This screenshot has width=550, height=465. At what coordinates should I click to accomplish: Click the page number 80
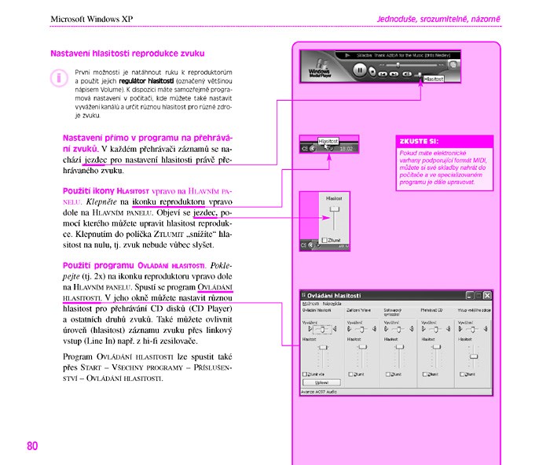32,445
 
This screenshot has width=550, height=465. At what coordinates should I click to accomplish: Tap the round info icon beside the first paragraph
57,78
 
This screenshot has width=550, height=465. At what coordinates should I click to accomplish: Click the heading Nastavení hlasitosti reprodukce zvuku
127,54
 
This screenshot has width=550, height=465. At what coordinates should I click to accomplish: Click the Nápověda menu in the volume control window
332,303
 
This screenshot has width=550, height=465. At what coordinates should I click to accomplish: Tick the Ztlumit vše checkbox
306,375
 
